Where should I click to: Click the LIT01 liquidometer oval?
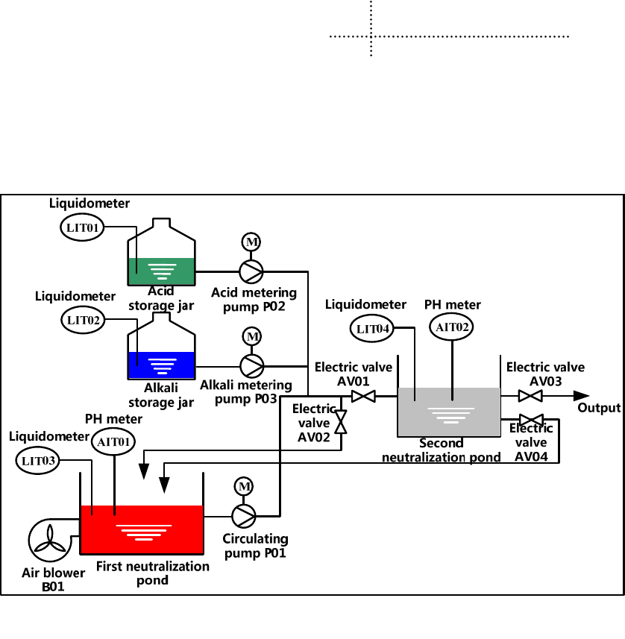coord(83,227)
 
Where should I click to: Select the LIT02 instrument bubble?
coord(83,321)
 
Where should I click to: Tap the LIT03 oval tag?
coord(39,460)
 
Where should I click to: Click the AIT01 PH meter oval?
coord(113,441)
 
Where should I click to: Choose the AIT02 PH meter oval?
coord(452,327)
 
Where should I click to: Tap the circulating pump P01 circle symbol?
coord(243,514)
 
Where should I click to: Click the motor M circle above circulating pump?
coord(243,486)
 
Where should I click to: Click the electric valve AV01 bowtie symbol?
coord(363,397)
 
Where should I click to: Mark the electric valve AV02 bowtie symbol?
coord(341,422)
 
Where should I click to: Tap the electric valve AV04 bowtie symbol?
coord(531,420)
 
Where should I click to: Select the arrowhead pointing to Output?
coord(581,396)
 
